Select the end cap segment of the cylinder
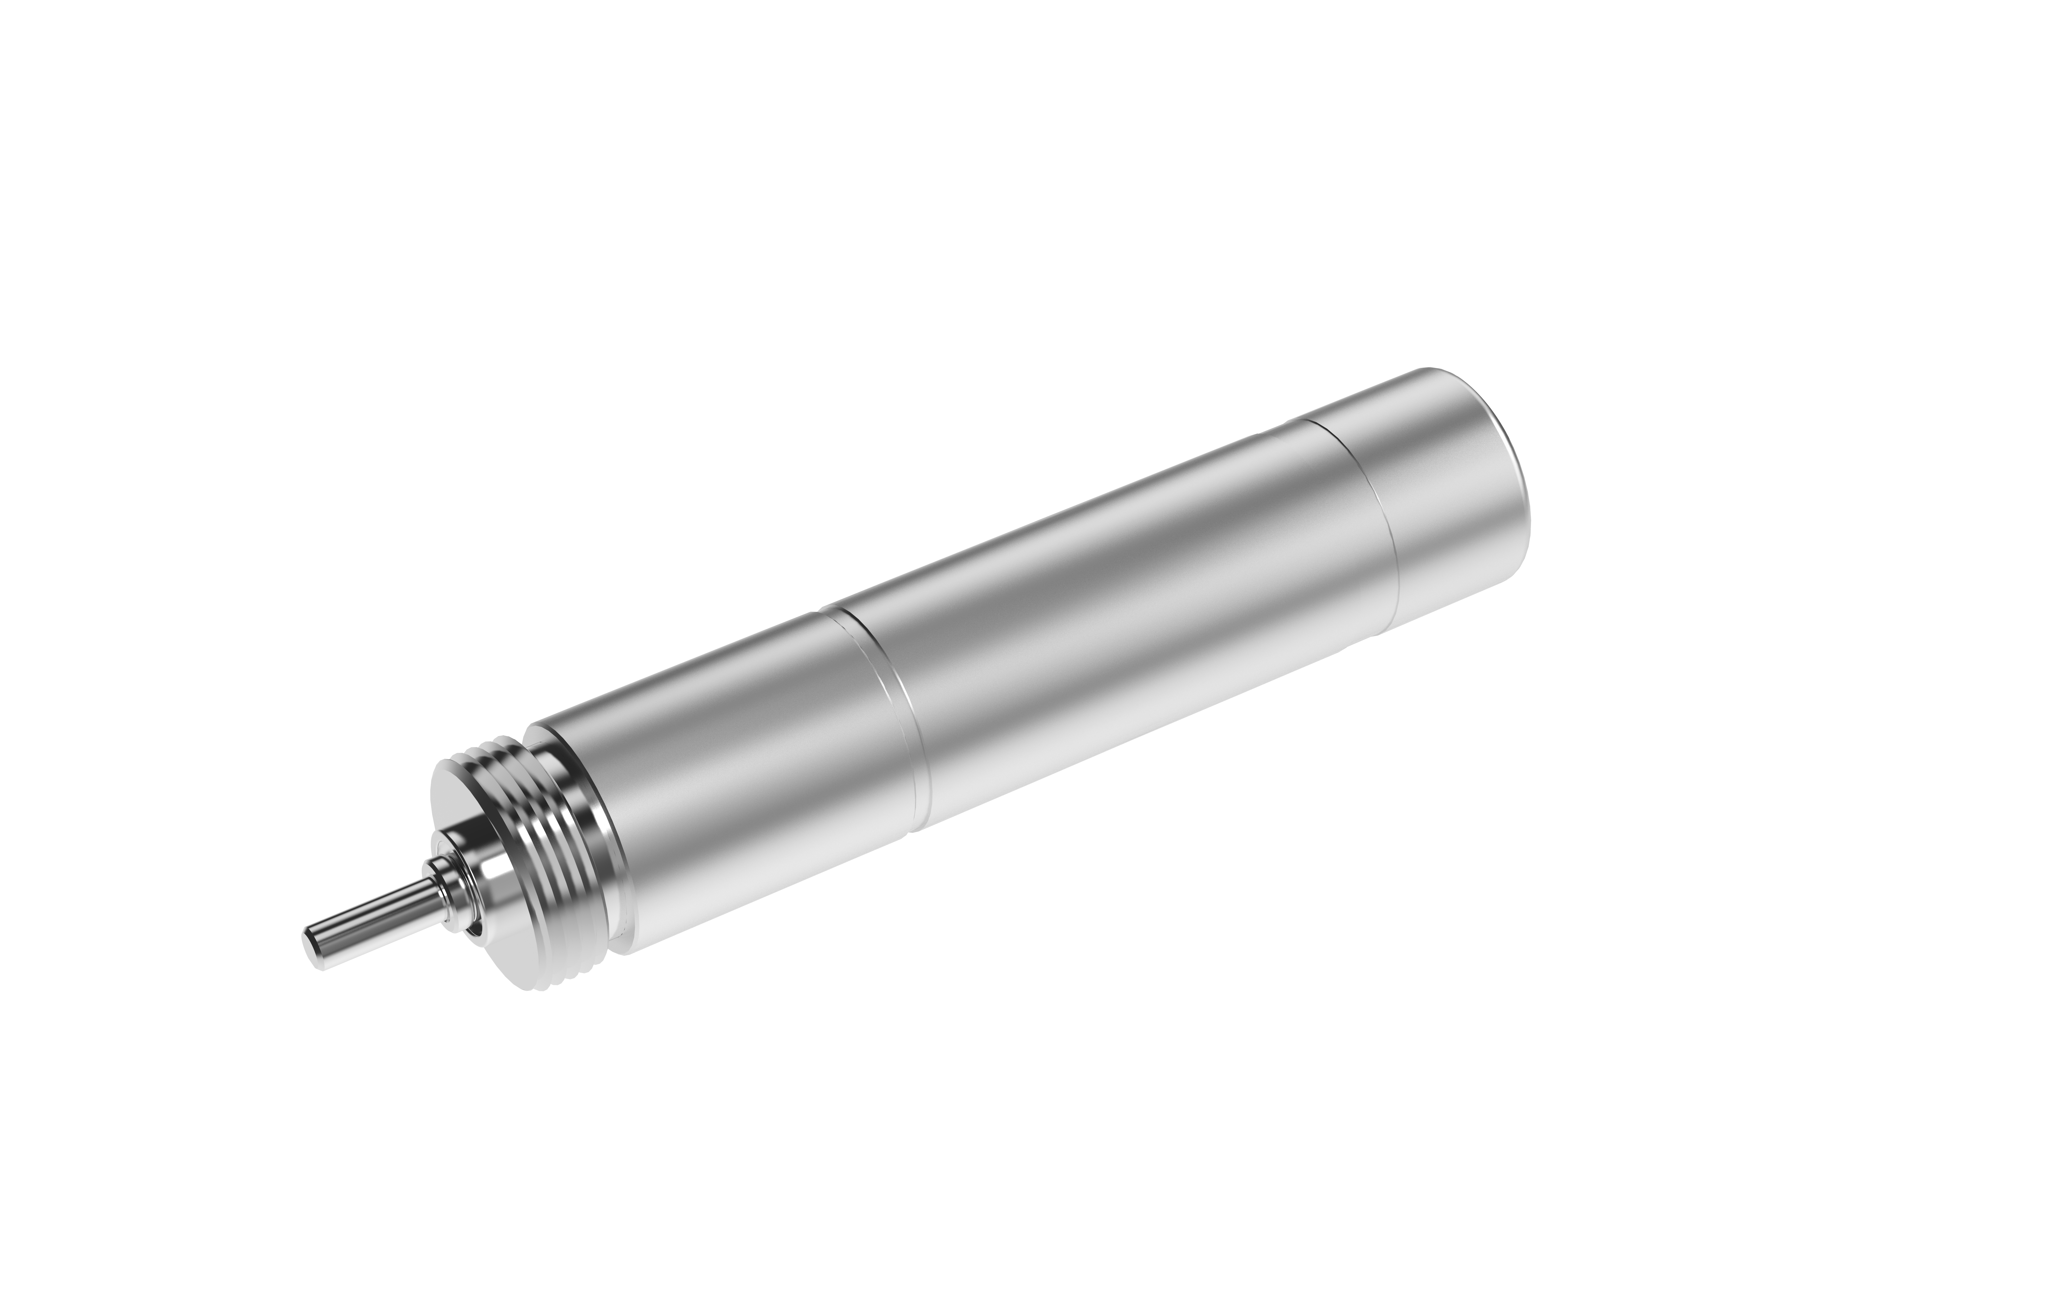pyautogui.click(x=1451, y=504)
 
